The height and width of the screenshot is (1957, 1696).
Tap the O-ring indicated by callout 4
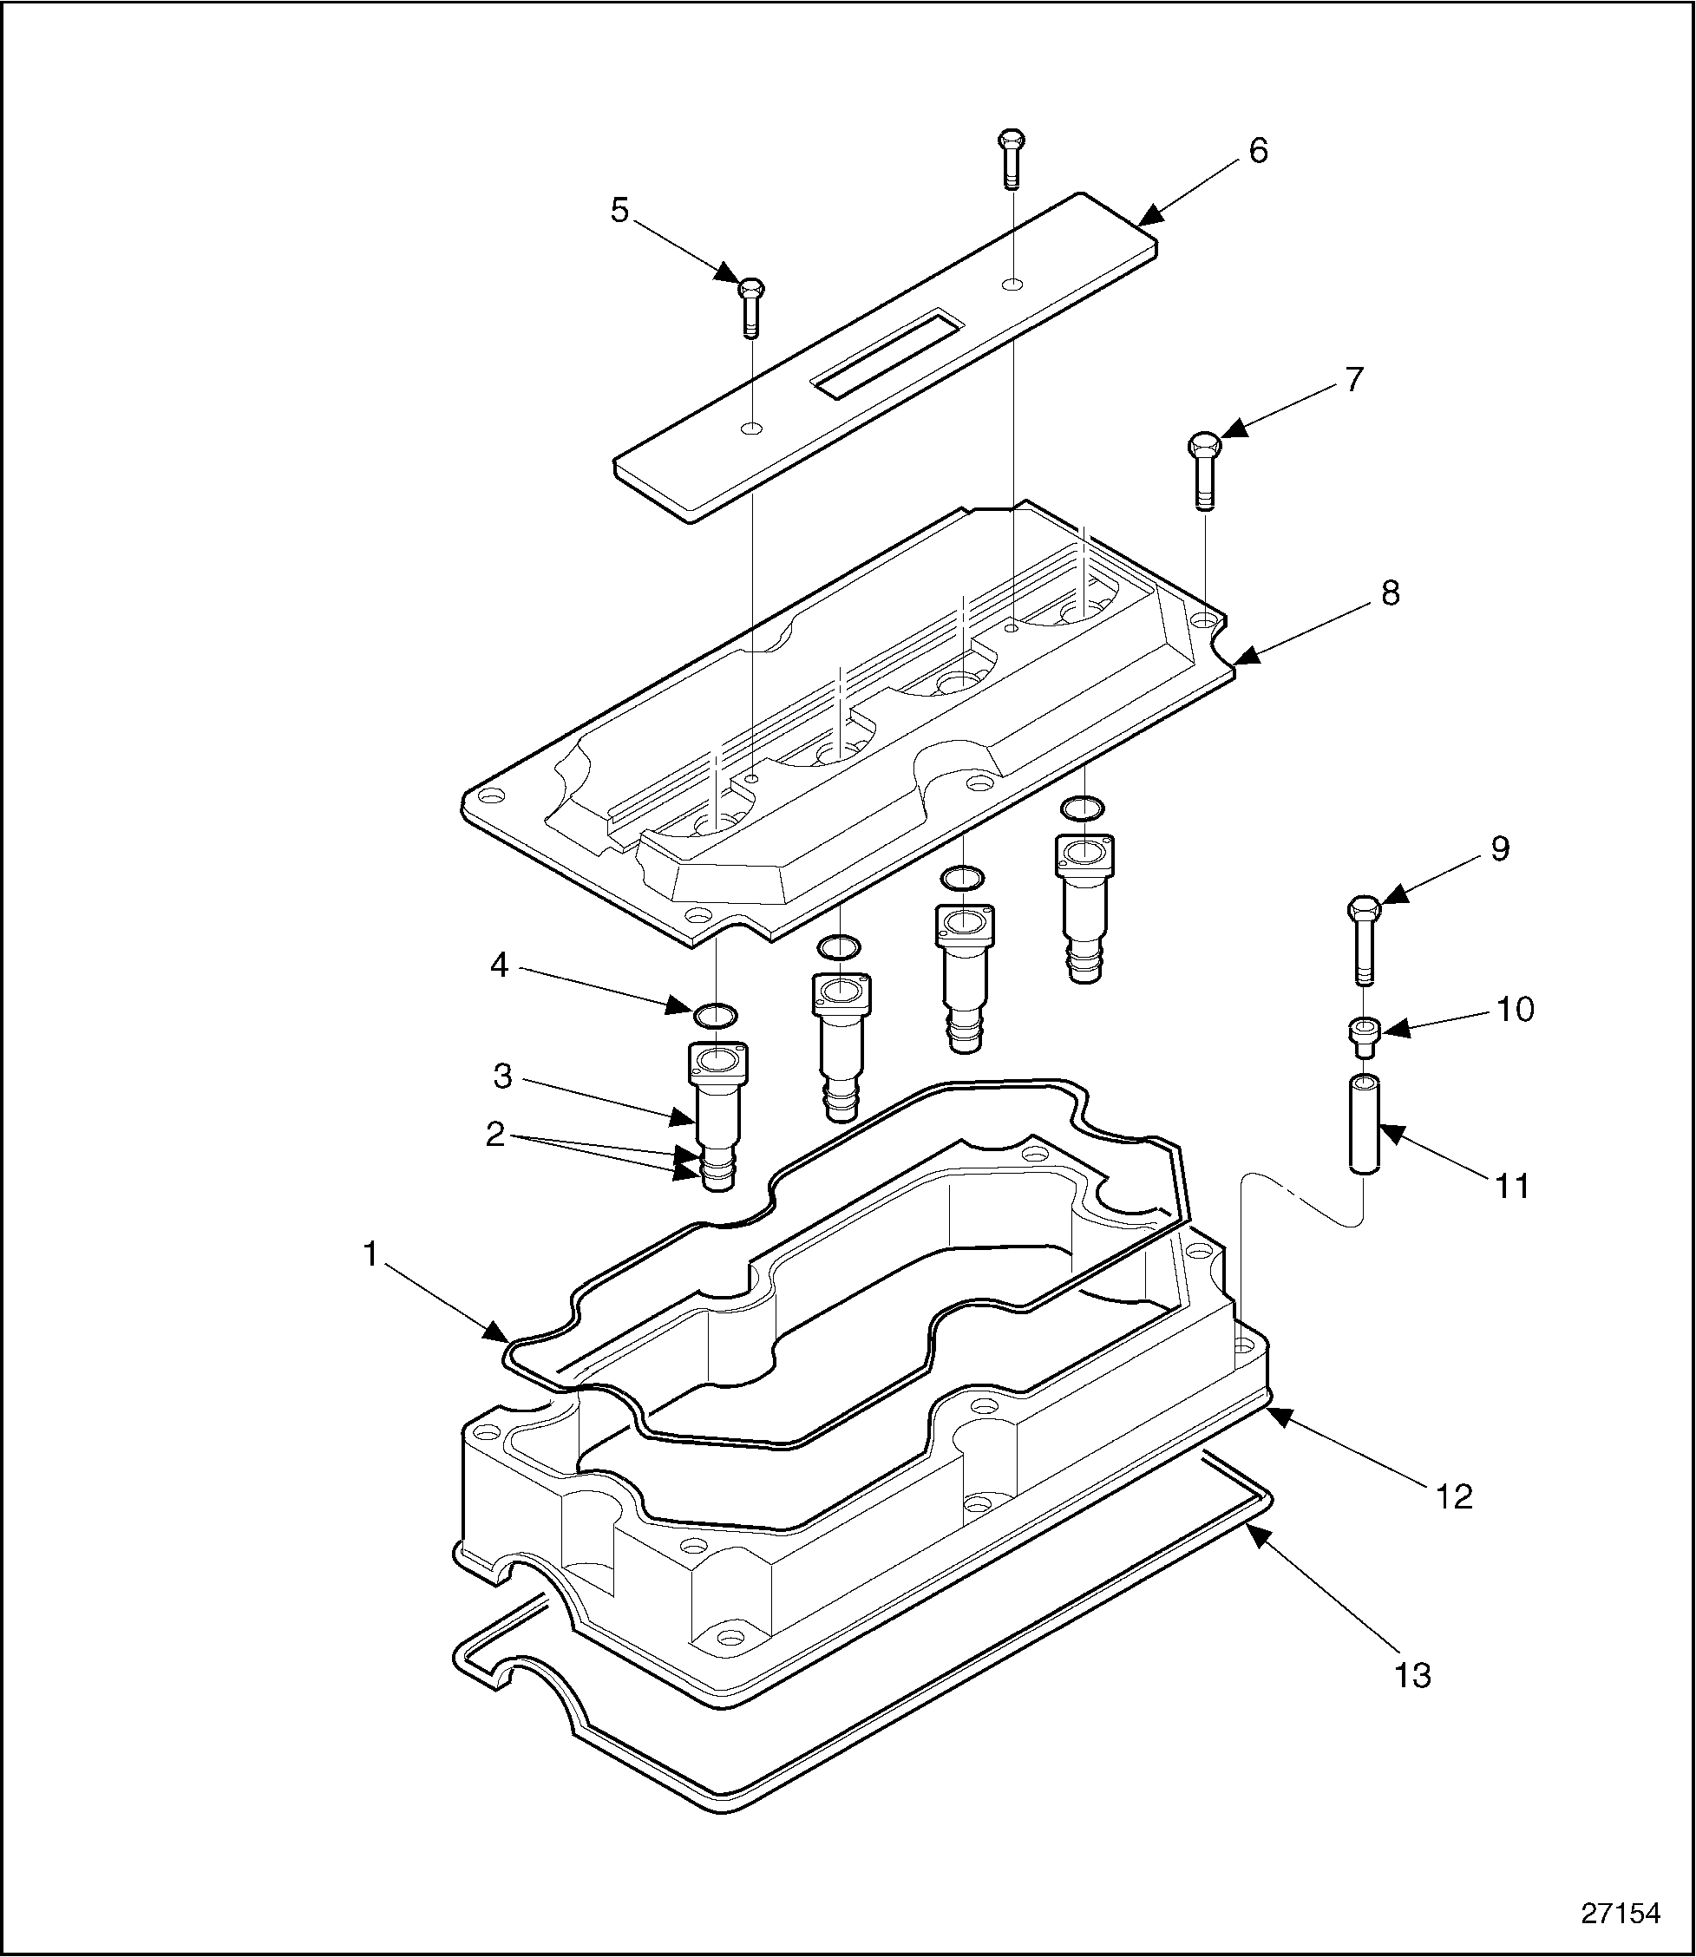[717, 1016]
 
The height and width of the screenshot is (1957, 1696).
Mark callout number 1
[371, 1255]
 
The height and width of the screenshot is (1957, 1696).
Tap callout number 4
[499, 966]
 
